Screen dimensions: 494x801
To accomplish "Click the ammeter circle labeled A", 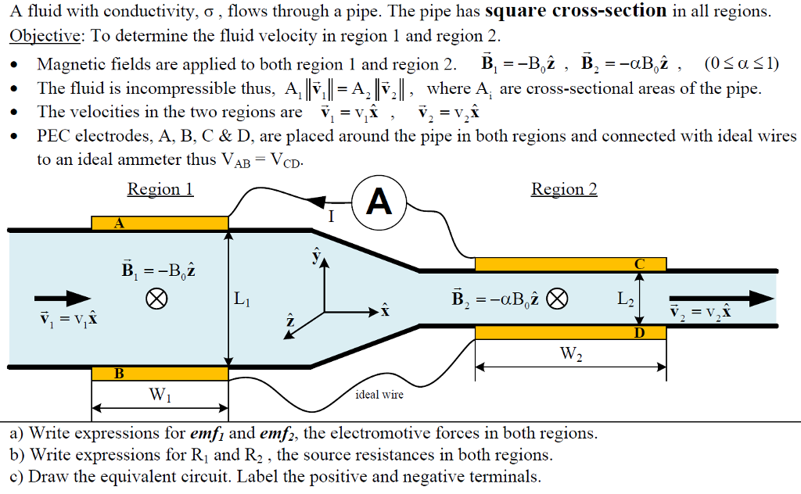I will pyautogui.click(x=379, y=202).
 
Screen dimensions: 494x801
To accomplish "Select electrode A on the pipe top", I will pyautogui.click(x=160, y=223).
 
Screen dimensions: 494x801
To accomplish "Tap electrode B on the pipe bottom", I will pyautogui.click(x=160, y=373).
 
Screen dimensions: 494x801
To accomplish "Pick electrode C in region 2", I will pyautogui.click(x=570, y=264).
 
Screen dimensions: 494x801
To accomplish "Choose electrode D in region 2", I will pyautogui.click(x=570, y=332).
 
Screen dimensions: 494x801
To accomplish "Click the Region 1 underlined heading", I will pyautogui.click(x=160, y=189).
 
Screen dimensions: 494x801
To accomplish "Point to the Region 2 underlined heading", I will pyautogui.click(x=564, y=189).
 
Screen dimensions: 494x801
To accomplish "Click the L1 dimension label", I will pyautogui.click(x=242, y=299).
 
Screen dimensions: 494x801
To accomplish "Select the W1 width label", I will pyautogui.click(x=160, y=396).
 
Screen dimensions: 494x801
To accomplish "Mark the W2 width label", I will pyautogui.click(x=571, y=353).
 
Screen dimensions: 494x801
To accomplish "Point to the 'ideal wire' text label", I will pyautogui.click(x=379, y=395).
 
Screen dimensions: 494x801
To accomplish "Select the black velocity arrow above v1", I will pyautogui.click(x=63, y=298).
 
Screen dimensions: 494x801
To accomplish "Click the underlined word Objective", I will pyautogui.click(x=45, y=36).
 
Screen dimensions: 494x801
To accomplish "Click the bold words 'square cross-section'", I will pyautogui.click(x=576, y=12).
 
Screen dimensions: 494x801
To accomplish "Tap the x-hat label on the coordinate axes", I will pyautogui.click(x=384, y=311).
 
